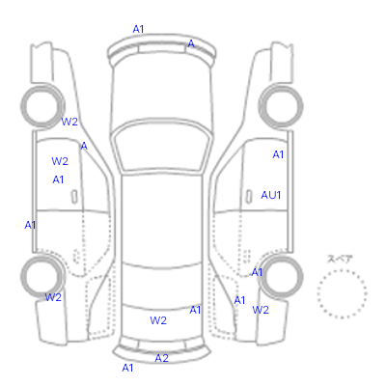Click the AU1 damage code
tap(271, 195)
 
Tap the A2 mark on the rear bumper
tap(161, 358)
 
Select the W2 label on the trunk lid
tap(158, 320)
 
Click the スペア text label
tap(340, 259)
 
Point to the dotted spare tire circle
tap(342, 270)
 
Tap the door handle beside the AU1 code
tap(248, 196)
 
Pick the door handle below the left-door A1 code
tap(74, 197)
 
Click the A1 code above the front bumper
tap(138, 29)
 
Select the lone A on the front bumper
tap(191, 43)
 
